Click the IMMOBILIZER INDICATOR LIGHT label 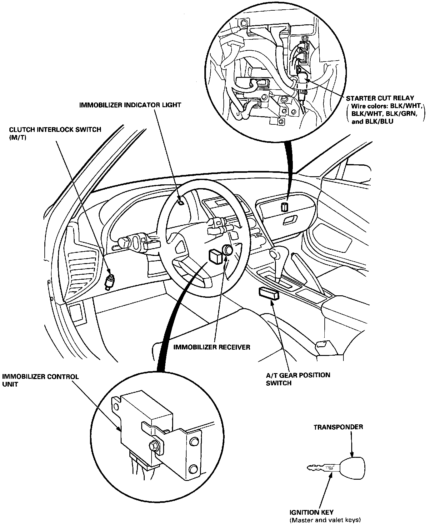130,105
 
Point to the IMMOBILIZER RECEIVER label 212,347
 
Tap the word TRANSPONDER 338,427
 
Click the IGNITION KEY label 311,512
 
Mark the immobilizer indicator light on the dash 181,203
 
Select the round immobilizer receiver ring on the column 227,250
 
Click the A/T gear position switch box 268,294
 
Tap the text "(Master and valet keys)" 325,520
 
